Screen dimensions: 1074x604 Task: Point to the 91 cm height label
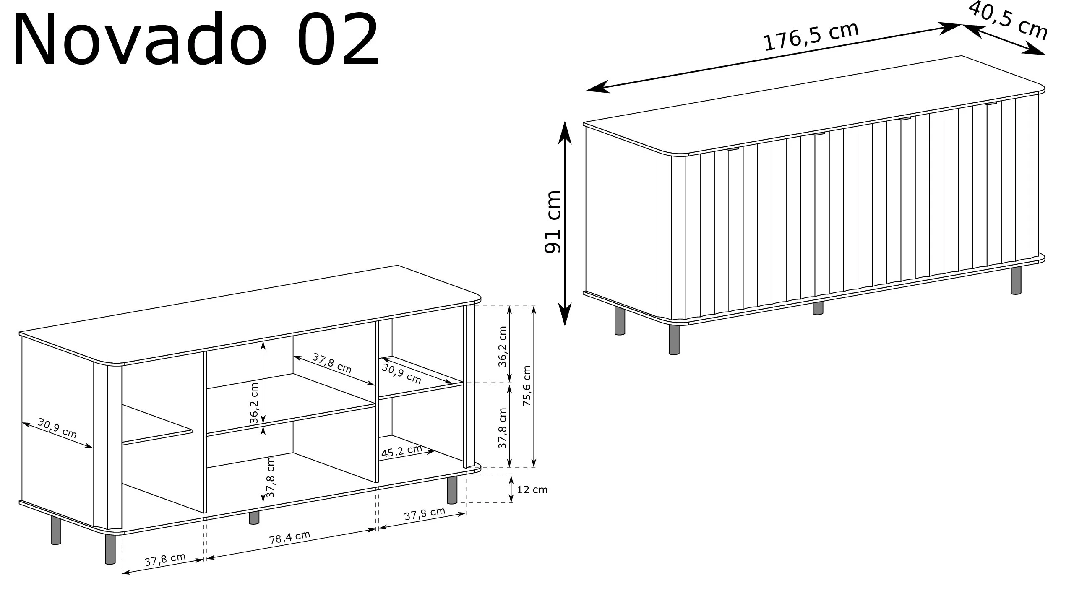click(552, 221)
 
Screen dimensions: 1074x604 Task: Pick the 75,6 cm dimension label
click(527, 385)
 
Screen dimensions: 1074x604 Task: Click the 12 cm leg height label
click(532, 489)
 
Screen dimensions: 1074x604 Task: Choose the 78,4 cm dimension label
click(289, 537)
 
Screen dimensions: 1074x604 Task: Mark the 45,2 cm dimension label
click(401, 451)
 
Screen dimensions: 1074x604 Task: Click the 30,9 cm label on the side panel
click(57, 428)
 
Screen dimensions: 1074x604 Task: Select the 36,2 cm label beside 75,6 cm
click(503, 346)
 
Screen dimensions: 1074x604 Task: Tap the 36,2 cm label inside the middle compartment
click(254, 403)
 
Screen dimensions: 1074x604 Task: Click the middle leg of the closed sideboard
click(818, 308)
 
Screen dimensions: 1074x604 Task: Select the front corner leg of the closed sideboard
click(674, 339)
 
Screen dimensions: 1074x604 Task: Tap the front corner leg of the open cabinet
click(110, 549)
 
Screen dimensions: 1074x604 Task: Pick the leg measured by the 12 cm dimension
click(452, 490)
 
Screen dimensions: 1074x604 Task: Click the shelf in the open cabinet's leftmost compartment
click(157, 424)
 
